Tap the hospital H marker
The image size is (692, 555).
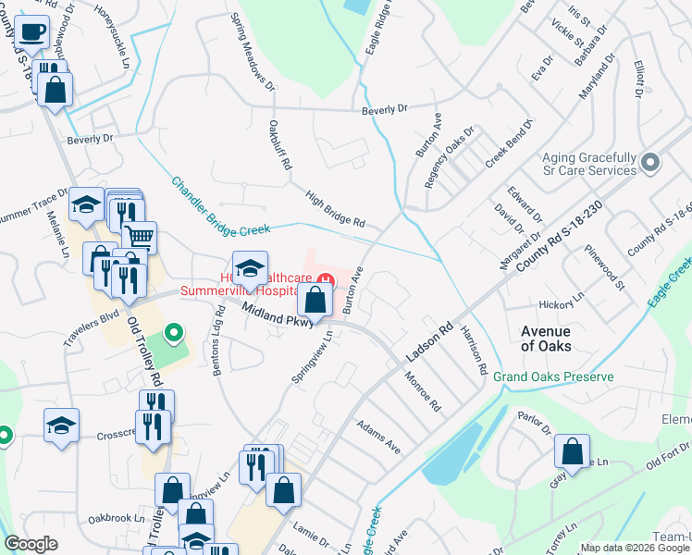point(325,279)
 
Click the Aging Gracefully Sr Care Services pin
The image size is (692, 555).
point(650,164)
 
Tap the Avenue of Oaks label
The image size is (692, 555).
point(546,339)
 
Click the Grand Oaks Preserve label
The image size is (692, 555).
point(553,377)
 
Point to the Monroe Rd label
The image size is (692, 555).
point(422,391)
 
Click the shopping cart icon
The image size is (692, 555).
point(139,238)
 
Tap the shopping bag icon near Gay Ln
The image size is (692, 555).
point(573,451)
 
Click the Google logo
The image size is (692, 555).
point(31,544)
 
